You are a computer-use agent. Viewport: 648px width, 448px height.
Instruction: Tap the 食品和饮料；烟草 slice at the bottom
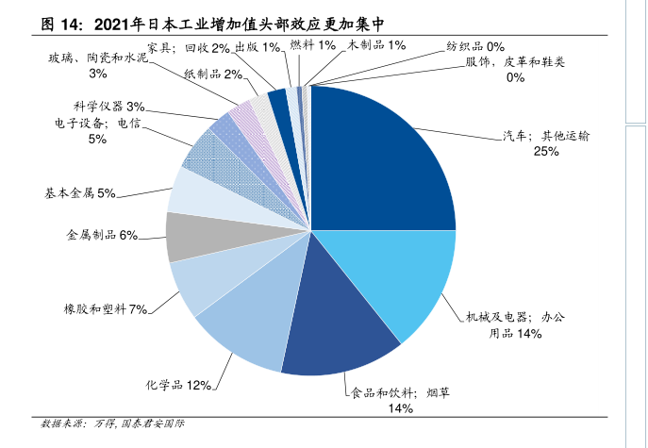tap(335, 330)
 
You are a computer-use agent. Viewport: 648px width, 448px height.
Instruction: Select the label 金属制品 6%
tap(102, 234)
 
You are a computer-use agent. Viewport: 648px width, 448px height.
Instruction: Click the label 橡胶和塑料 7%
tap(104, 309)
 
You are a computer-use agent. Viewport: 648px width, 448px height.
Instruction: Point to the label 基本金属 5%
tap(79, 193)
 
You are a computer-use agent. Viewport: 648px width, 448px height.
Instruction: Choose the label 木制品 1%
tap(377, 44)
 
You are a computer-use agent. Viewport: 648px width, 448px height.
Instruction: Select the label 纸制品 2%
tap(214, 74)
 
